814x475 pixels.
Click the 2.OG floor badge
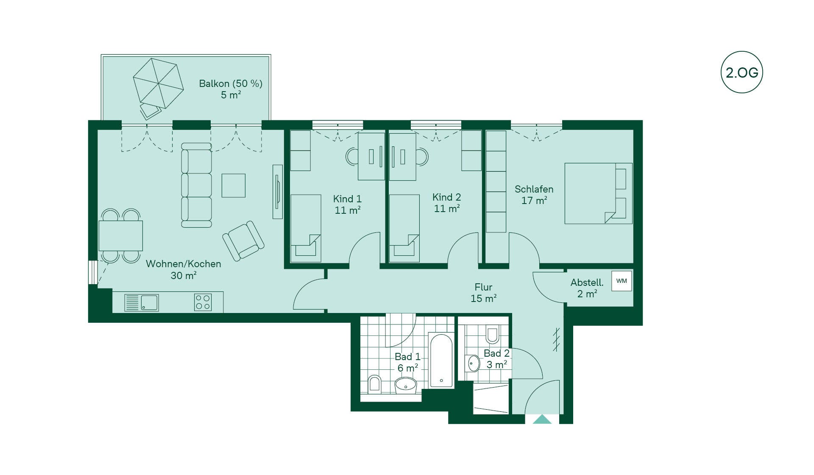point(742,72)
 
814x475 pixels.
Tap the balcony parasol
point(158,84)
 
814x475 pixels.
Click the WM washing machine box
point(622,281)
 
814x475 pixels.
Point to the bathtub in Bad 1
point(441,360)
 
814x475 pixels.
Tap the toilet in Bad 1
point(374,383)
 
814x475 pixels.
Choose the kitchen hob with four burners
point(203,302)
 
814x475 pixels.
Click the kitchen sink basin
point(149,303)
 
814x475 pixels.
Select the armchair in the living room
point(243,240)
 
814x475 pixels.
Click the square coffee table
point(234,185)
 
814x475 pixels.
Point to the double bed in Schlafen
point(598,193)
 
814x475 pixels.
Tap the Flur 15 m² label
point(483,293)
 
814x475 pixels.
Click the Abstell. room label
point(587,282)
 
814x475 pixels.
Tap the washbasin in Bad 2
point(474,363)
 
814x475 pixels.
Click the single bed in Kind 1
point(305,228)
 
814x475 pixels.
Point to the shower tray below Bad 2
point(491,399)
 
